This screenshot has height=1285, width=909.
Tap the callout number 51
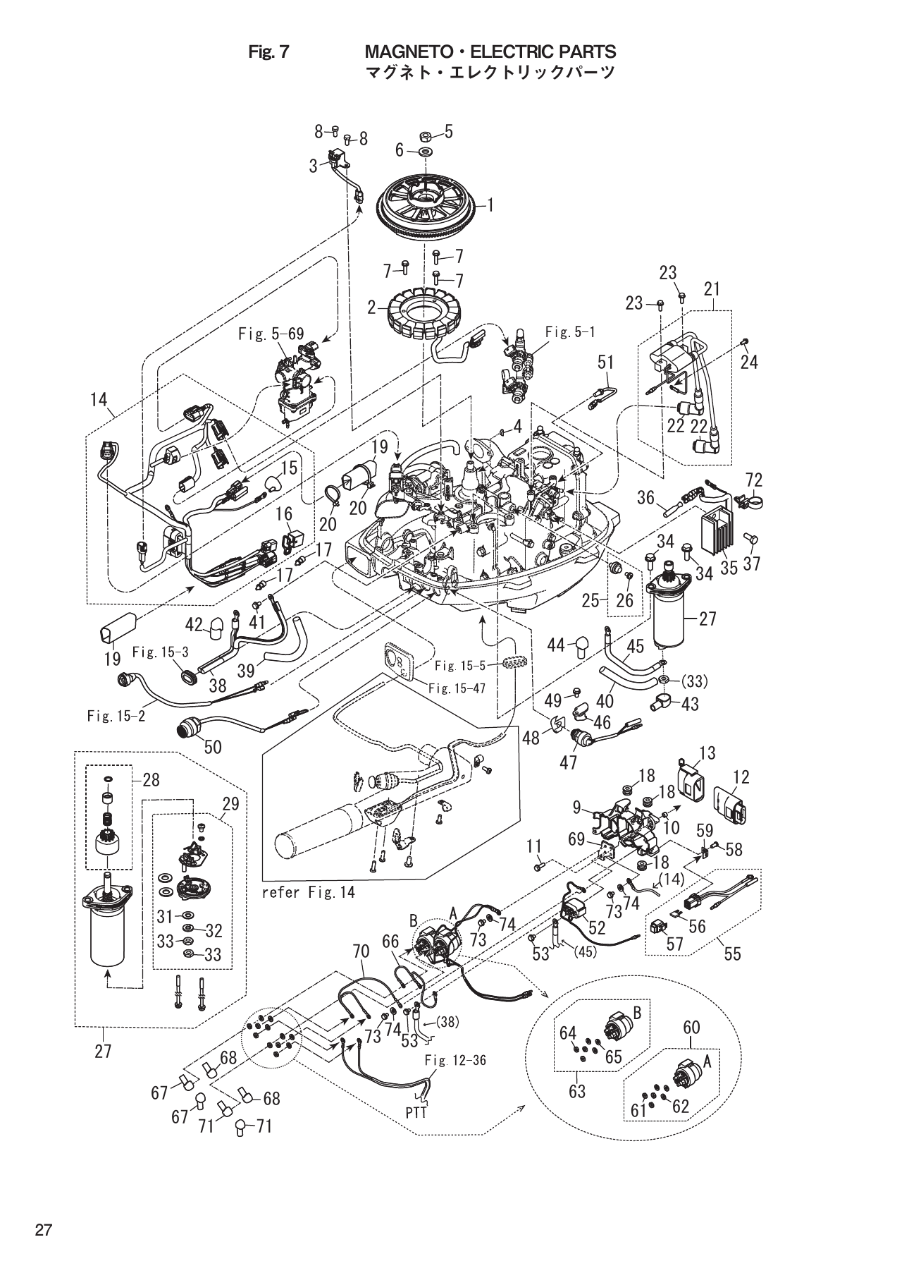(605, 363)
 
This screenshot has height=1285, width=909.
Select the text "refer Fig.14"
(308, 891)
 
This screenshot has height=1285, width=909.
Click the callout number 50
(213, 746)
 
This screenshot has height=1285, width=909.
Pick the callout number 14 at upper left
(99, 401)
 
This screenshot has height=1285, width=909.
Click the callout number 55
(733, 954)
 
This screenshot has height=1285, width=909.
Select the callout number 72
(753, 480)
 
